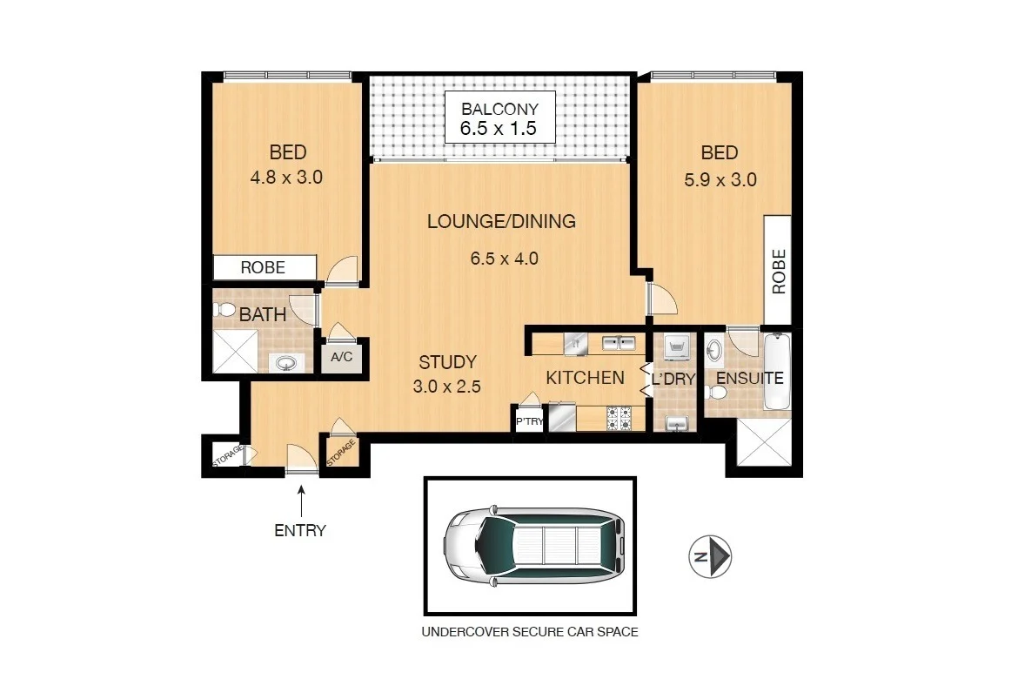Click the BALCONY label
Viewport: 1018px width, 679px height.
tap(500, 109)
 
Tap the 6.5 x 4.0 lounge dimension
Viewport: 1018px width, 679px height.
tap(505, 259)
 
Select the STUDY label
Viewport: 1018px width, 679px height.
tap(447, 362)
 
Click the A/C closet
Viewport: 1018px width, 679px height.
tap(341, 357)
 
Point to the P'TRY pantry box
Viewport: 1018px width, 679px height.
tap(529, 421)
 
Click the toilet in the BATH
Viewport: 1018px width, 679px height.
tap(224, 309)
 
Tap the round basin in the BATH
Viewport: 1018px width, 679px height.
tap(286, 362)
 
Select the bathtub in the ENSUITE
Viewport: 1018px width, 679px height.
tap(777, 372)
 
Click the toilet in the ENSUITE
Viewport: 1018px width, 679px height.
tap(715, 393)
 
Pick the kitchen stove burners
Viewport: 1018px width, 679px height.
tap(619, 419)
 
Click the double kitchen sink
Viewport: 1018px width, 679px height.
tap(619, 342)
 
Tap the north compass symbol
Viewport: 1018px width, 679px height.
tap(710, 557)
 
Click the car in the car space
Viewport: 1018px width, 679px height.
tap(534, 544)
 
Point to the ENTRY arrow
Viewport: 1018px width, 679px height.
tap(301, 501)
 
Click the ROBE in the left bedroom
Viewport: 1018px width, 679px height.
tap(265, 267)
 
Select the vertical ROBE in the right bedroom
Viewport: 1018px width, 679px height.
tap(778, 270)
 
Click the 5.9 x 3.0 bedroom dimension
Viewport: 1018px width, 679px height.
tap(720, 179)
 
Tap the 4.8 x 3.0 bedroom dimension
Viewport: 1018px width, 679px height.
tap(286, 177)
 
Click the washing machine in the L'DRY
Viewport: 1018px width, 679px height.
tap(676, 347)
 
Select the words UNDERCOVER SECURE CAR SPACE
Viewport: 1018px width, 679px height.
tap(530, 632)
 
